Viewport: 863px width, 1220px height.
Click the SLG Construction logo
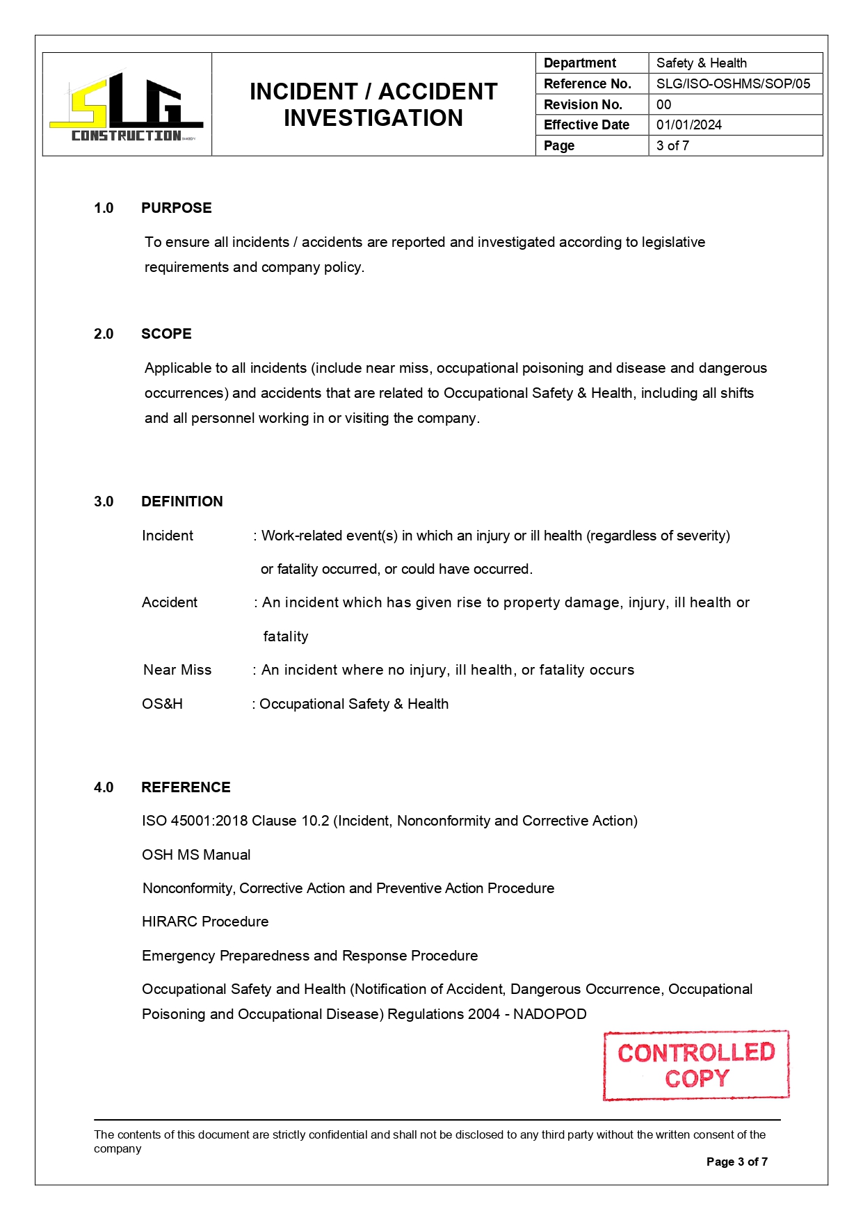(x=127, y=106)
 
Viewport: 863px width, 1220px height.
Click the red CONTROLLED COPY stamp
(x=696, y=1065)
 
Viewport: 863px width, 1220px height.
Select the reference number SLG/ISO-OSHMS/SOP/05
(x=733, y=83)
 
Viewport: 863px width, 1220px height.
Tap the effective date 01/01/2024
(x=688, y=125)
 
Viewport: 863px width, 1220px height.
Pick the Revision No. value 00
(x=663, y=104)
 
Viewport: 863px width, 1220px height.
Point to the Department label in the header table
(x=579, y=63)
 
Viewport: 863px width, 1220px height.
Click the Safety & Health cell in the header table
(x=701, y=63)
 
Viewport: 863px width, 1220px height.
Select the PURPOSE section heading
(x=176, y=208)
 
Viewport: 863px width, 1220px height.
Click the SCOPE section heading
(x=166, y=334)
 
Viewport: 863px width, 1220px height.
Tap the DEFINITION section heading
(x=182, y=501)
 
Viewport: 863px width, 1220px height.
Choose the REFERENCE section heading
(x=186, y=787)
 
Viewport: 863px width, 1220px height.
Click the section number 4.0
(x=104, y=787)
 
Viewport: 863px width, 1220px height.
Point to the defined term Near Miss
(x=177, y=670)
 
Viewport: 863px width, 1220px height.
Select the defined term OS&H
(x=162, y=704)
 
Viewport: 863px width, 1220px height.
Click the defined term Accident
(x=170, y=602)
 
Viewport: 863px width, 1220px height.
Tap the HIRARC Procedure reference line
(x=205, y=922)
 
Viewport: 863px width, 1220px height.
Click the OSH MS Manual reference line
(x=196, y=855)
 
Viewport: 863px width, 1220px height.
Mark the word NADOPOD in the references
(x=549, y=1014)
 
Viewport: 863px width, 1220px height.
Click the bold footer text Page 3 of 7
(x=736, y=1162)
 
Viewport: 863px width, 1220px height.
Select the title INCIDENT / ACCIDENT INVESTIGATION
(x=373, y=104)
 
